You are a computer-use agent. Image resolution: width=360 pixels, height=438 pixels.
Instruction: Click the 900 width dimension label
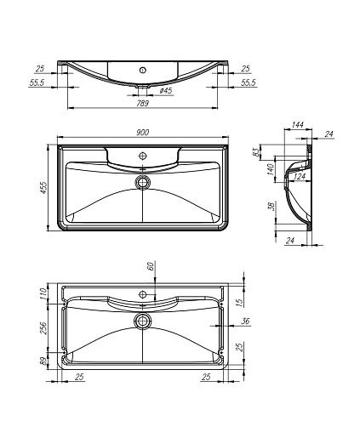click(142, 133)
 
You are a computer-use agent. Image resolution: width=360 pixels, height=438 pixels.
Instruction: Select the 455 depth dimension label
click(43, 188)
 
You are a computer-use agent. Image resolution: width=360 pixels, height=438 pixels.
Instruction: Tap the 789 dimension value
click(142, 104)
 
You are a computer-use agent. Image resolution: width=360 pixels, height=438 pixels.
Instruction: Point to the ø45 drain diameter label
click(166, 90)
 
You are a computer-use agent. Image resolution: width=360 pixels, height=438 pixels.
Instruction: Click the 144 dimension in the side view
click(298, 124)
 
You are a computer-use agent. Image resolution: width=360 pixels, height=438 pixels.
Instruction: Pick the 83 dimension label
click(255, 152)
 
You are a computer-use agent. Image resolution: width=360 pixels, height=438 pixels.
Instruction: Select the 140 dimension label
click(271, 169)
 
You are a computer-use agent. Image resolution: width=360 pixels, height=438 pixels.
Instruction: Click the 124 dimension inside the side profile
click(300, 177)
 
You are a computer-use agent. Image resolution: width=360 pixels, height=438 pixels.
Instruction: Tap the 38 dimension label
click(271, 207)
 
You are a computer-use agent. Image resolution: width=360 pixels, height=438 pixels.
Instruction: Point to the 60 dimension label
click(151, 266)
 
